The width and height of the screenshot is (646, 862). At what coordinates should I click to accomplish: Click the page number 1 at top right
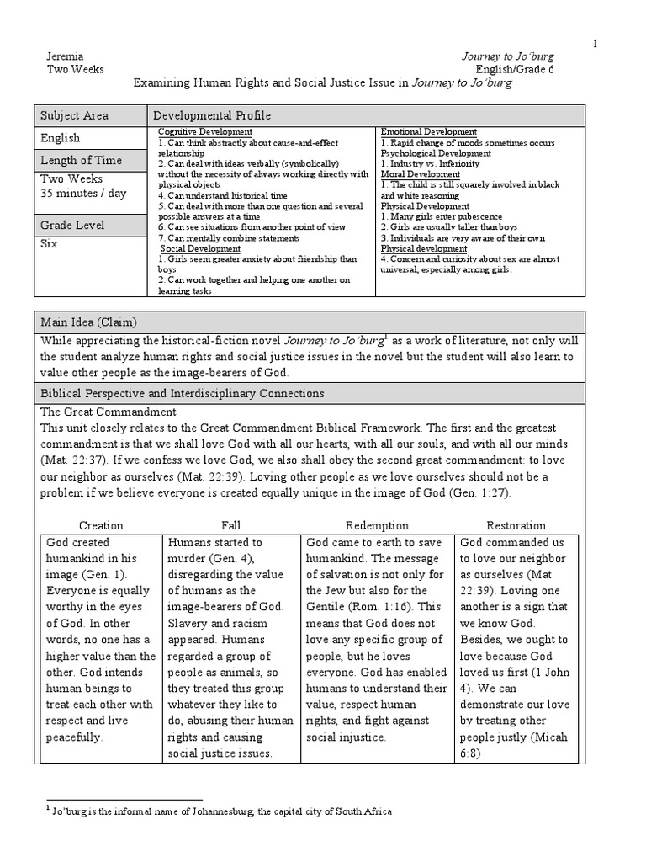pos(596,43)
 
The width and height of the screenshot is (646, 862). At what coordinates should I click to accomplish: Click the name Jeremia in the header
pos(66,56)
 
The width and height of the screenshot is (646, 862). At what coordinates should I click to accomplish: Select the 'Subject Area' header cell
pos(74,115)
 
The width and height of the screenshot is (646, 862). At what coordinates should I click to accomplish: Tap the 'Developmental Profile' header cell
pos(211,115)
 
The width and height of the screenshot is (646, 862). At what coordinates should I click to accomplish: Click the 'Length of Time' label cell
pos(81,160)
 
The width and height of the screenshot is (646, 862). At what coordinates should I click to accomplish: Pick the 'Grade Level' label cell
pos(73,225)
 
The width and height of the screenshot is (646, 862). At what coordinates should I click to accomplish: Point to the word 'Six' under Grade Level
pos(50,243)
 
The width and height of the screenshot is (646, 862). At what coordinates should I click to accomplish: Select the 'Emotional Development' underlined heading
pos(429,133)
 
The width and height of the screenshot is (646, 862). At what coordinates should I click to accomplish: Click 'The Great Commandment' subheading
pos(109,412)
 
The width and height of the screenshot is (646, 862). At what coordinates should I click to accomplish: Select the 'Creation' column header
pos(100,525)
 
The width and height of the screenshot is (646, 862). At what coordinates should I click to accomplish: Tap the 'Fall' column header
pos(230,525)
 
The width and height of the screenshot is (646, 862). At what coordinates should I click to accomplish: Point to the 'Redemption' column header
pos(377,525)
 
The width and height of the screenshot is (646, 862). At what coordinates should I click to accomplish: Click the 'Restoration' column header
pos(516,525)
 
